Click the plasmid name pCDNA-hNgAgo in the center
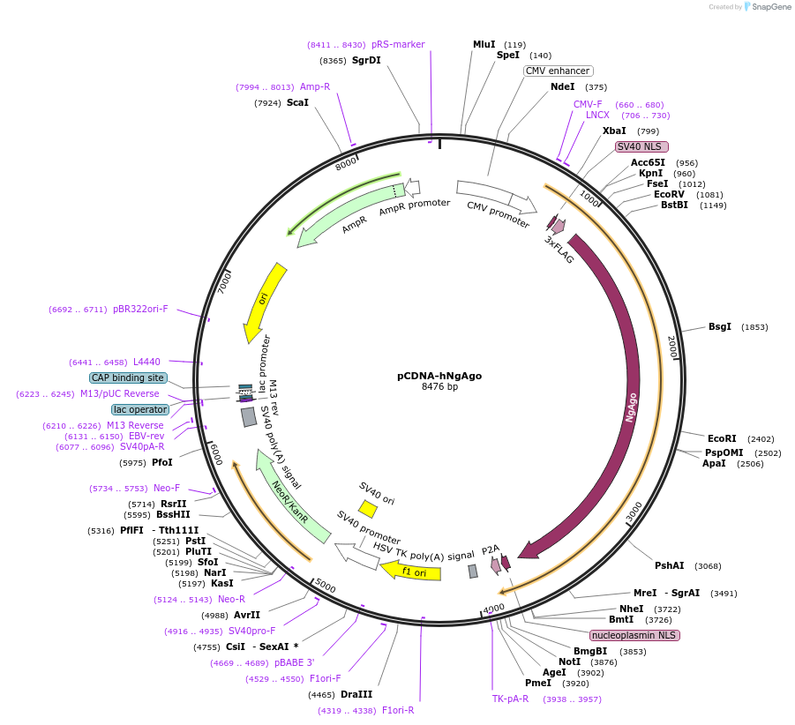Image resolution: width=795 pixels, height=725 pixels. coord(439,375)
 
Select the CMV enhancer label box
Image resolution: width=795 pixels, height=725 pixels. coord(558,71)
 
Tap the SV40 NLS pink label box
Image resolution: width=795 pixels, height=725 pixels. coord(641,146)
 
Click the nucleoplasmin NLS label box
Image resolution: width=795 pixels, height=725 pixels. coord(635,635)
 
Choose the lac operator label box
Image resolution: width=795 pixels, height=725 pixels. coord(140,409)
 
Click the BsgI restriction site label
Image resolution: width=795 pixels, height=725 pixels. coord(720,327)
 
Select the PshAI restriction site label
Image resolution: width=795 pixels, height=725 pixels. coord(669,565)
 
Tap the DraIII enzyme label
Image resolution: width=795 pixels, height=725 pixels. coord(356,695)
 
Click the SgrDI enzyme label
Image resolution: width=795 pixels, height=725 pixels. coord(366,61)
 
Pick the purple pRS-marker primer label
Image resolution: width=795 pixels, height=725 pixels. coord(398,44)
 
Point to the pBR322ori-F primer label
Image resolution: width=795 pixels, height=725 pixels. coord(140,310)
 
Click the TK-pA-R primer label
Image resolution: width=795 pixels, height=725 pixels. coord(510,699)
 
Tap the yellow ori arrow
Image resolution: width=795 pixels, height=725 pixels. coord(262,300)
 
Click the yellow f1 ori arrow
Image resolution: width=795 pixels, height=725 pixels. coord(411,572)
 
